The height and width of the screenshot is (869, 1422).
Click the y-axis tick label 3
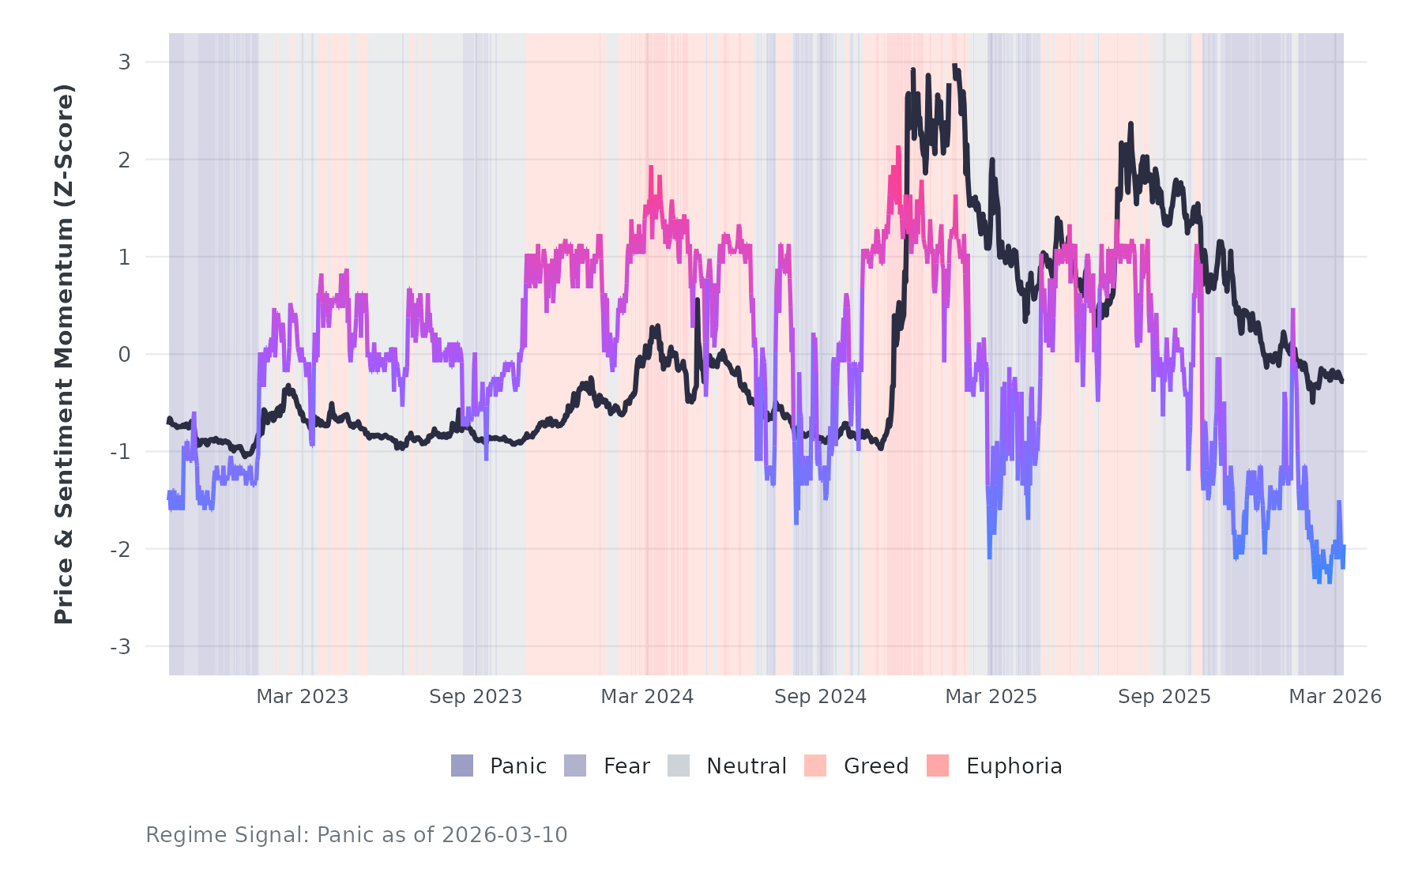point(124,62)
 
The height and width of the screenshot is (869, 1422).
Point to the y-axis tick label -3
point(121,647)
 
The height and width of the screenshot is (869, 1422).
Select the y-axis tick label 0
point(124,355)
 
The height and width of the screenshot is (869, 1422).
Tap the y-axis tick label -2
point(121,550)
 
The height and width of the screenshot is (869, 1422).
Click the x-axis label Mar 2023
point(303,697)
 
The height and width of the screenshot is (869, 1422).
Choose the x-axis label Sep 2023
point(476,697)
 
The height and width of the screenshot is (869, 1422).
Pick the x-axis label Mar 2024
point(647,697)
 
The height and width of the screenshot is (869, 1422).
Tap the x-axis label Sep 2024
point(820,697)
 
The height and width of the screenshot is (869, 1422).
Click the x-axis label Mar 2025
point(991,697)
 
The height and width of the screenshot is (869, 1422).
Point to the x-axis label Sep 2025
point(1164,697)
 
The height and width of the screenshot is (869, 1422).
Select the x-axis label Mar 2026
point(1335,697)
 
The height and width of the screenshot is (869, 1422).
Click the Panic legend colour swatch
point(462,766)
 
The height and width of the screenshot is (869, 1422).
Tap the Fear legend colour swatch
point(575,766)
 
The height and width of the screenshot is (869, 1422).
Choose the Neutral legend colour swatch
point(679,766)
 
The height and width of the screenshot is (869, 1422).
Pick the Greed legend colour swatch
point(815,766)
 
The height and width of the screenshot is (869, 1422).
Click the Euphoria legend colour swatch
point(938,766)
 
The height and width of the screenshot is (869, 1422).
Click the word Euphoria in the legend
point(1014,766)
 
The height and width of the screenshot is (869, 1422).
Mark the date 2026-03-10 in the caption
point(504,835)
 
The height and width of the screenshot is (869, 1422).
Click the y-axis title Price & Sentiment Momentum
point(64,354)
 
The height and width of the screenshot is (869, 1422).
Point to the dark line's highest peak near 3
point(955,66)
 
